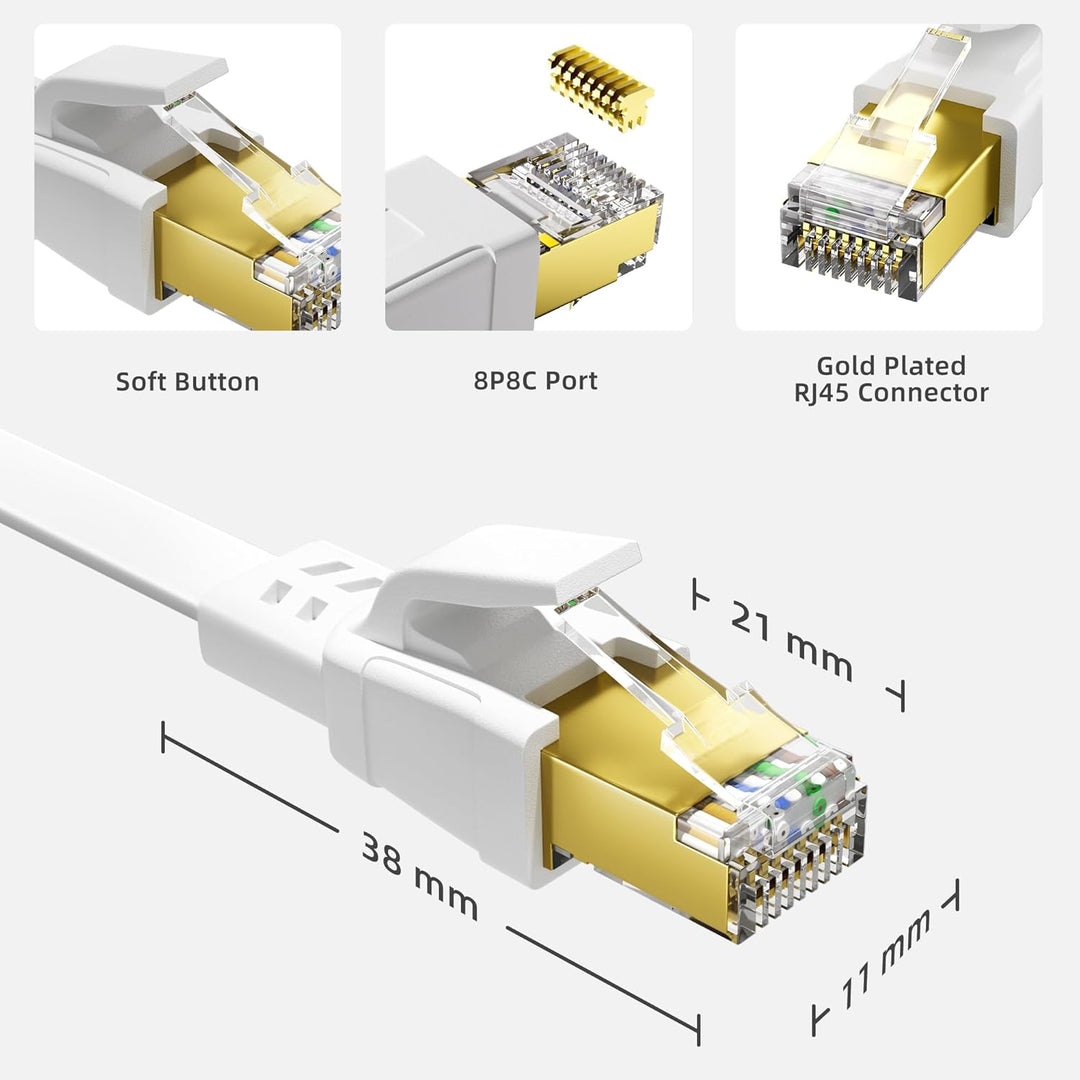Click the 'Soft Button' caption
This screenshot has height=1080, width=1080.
(x=187, y=381)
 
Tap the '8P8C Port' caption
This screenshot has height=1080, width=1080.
(x=536, y=380)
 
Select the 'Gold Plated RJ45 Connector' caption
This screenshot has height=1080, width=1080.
(x=891, y=379)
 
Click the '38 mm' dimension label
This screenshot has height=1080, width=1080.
(x=419, y=877)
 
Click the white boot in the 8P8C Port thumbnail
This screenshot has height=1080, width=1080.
(x=450, y=250)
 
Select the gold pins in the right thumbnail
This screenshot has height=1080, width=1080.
(x=850, y=265)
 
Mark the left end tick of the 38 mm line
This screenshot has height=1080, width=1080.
(x=163, y=737)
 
